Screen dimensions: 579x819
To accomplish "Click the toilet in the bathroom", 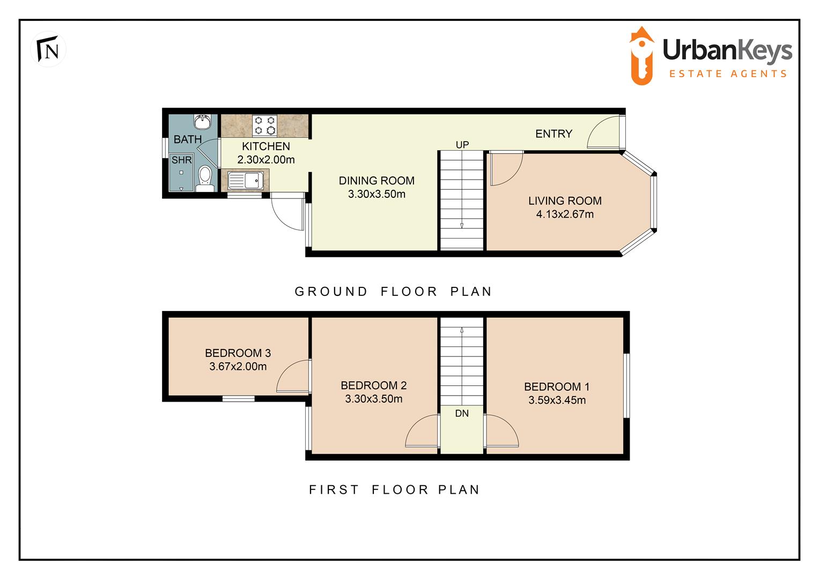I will (x=204, y=177).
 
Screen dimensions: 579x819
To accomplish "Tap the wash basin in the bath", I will (x=203, y=122).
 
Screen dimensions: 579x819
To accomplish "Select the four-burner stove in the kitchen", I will (x=264, y=125).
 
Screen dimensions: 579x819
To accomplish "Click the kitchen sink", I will (x=245, y=180).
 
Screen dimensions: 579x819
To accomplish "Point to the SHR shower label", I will (x=181, y=160).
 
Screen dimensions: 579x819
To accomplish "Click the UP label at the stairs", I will (x=462, y=145).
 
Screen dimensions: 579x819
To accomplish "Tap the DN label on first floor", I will (x=462, y=413).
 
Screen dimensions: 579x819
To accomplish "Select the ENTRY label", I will (x=554, y=134).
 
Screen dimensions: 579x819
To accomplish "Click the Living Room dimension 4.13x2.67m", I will (x=565, y=214).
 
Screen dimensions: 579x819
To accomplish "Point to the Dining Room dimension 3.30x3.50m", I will (x=377, y=195).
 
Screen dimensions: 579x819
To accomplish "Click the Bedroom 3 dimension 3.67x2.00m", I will (x=238, y=367).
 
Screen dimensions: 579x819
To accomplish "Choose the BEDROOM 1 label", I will (x=557, y=387).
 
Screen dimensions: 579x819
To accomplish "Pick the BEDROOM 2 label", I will (x=373, y=385).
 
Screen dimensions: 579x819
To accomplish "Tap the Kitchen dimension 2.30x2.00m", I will (x=266, y=160).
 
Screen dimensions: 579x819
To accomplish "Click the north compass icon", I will (x=48, y=49).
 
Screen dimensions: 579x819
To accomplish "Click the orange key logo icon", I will (x=641, y=56).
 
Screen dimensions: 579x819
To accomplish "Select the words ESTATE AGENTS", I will (x=728, y=74).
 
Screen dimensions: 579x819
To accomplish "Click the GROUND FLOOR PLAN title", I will (x=393, y=292).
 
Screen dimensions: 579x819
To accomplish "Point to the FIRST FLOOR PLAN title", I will (x=394, y=489).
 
